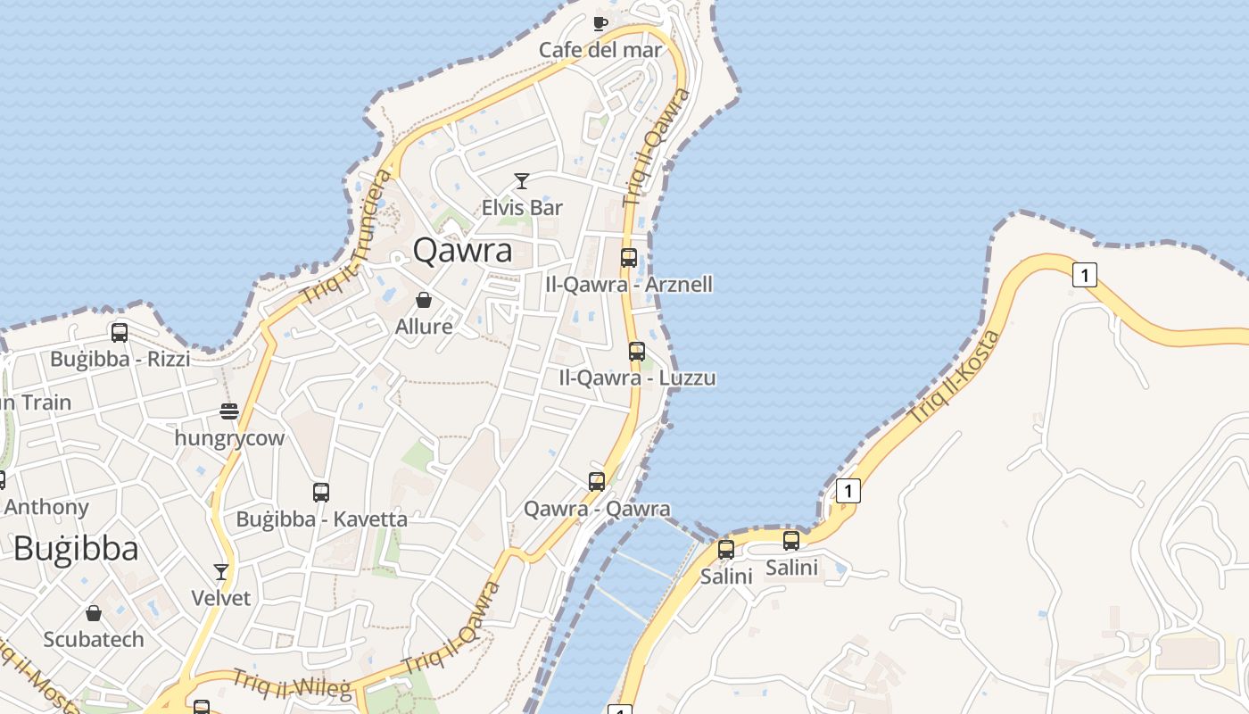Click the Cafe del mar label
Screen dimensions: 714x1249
600,49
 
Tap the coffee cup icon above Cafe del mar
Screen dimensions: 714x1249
600,22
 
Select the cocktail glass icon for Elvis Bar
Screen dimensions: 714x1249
522,181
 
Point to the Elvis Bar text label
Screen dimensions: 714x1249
522,208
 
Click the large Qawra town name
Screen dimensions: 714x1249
462,251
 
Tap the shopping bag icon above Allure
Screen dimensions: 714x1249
424,300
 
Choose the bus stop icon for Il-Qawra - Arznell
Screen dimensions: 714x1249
629,258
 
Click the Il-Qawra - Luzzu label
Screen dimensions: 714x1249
637,378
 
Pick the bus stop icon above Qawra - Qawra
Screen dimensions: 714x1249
597,482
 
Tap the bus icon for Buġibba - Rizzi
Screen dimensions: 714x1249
120,333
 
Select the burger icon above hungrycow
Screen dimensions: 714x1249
229,411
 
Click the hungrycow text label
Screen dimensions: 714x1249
229,438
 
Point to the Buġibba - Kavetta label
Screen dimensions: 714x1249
321,519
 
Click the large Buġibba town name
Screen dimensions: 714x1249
76,548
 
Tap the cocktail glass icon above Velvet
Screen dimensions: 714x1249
221,571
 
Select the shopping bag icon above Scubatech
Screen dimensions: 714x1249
94,613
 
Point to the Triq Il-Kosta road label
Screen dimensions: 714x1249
955,378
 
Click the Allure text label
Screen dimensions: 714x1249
424,327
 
